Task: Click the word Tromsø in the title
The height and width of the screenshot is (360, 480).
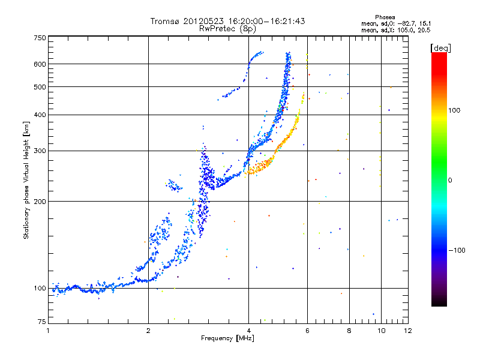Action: [x=166, y=21]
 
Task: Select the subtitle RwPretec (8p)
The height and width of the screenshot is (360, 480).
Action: [x=228, y=28]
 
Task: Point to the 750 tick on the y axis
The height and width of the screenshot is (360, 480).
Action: [x=40, y=37]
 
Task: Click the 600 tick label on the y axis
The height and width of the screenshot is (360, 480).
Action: [x=40, y=64]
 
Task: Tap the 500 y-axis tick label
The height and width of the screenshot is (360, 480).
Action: [x=40, y=86]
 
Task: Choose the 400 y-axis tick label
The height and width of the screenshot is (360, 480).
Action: [x=40, y=115]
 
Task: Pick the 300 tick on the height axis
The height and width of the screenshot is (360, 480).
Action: [x=40, y=151]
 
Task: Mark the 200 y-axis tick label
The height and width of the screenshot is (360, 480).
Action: [x=40, y=201]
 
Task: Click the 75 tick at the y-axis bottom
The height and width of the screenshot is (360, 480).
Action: [x=42, y=323]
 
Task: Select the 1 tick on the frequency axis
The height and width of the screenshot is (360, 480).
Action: [x=48, y=331]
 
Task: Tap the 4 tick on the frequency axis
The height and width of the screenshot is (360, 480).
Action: [x=248, y=331]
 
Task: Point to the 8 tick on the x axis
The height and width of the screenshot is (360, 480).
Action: [x=349, y=331]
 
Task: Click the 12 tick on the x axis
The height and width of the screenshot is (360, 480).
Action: [x=407, y=331]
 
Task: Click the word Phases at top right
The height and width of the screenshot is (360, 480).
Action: [x=385, y=17]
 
